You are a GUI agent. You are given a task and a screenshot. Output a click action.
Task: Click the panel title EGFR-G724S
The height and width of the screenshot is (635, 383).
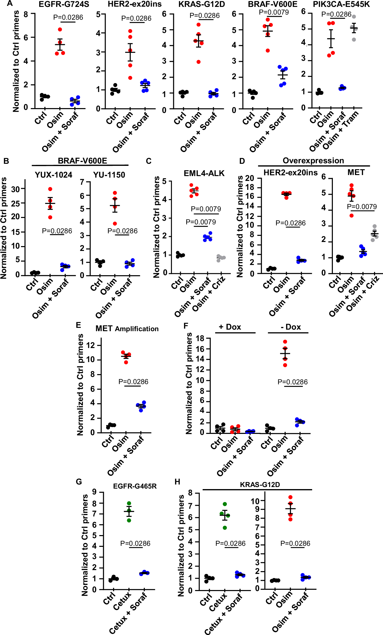pyautogui.click(x=64, y=4)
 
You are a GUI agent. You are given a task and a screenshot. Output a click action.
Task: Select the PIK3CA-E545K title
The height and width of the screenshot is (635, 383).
pyautogui.click(x=341, y=4)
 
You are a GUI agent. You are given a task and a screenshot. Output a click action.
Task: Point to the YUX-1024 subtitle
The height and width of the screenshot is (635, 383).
pyautogui.click(x=53, y=175)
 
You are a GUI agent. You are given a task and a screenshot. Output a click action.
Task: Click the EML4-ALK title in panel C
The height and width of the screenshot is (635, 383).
pyautogui.click(x=204, y=173)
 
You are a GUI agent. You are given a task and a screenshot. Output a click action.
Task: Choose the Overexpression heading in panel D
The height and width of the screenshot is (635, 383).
pyautogui.click(x=313, y=160)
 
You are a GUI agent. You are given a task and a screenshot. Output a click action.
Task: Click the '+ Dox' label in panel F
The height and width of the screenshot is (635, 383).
pyautogui.click(x=230, y=327)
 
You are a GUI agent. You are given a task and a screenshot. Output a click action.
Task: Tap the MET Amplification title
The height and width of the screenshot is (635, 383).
pyautogui.click(x=127, y=329)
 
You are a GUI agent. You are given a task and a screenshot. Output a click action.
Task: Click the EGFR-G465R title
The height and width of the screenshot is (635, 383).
pyautogui.click(x=135, y=486)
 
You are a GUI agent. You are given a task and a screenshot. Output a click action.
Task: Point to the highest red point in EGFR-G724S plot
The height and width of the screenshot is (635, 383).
pyautogui.click(x=60, y=29)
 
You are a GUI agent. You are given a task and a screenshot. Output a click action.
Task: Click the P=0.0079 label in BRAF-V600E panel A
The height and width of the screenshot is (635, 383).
pyautogui.click(x=273, y=12)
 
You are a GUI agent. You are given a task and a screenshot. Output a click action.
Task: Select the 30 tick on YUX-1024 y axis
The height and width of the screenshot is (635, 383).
pyautogui.click(x=16, y=189)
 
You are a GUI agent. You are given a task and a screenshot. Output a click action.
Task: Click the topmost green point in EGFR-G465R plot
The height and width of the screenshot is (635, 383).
pyautogui.click(x=129, y=503)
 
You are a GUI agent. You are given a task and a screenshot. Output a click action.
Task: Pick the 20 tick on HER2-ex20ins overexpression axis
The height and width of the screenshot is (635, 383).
pyautogui.click(x=249, y=178)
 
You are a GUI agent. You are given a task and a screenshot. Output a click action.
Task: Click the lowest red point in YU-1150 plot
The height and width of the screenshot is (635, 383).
pyautogui.click(x=115, y=223)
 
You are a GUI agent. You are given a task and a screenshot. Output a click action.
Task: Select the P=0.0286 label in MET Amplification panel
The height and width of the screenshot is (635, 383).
pyautogui.click(x=133, y=382)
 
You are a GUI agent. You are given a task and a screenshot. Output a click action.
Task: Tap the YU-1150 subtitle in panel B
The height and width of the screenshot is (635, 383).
pyautogui.click(x=109, y=175)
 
